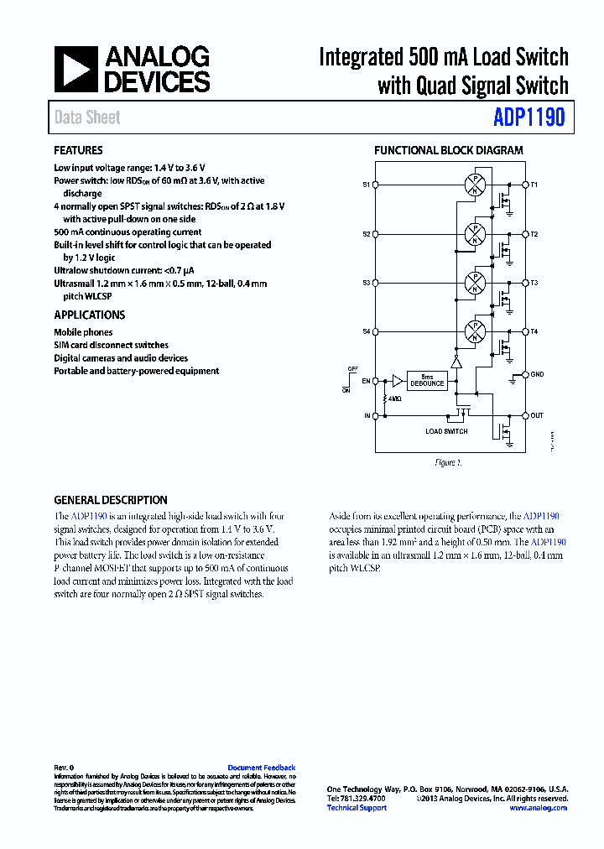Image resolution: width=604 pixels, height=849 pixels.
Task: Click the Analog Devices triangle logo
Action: (x=76, y=69)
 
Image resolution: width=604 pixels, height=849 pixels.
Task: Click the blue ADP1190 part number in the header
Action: (x=528, y=117)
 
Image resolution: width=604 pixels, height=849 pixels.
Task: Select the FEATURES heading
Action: (x=78, y=151)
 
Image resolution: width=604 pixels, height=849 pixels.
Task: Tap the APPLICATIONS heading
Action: (x=90, y=315)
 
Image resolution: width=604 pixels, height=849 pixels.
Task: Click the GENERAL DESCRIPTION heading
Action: (x=111, y=500)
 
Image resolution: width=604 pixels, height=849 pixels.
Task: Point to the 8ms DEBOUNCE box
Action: (x=427, y=381)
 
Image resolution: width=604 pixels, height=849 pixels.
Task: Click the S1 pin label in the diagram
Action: (x=366, y=184)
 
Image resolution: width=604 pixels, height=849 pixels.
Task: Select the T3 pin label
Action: (x=534, y=283)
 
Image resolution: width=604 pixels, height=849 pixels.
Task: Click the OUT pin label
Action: (x=537, y=415)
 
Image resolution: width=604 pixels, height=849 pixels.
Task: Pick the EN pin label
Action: (x=366, y=381)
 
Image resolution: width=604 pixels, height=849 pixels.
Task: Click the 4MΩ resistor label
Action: (x=395, y=399)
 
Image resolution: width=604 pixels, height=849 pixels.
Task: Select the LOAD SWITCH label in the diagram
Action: (x=447, y=431)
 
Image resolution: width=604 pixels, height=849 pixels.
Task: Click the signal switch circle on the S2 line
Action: (x=476, y=234)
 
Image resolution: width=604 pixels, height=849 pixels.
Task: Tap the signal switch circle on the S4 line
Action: (x=476, y=331)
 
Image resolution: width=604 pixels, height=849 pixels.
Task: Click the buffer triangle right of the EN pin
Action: (x=398, y=381)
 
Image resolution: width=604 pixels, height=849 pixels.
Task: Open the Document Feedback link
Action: (x=262, y=768)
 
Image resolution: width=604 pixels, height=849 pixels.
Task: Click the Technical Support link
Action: (x=357, y=808)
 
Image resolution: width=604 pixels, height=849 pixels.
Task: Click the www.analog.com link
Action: (x=538, y=808)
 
